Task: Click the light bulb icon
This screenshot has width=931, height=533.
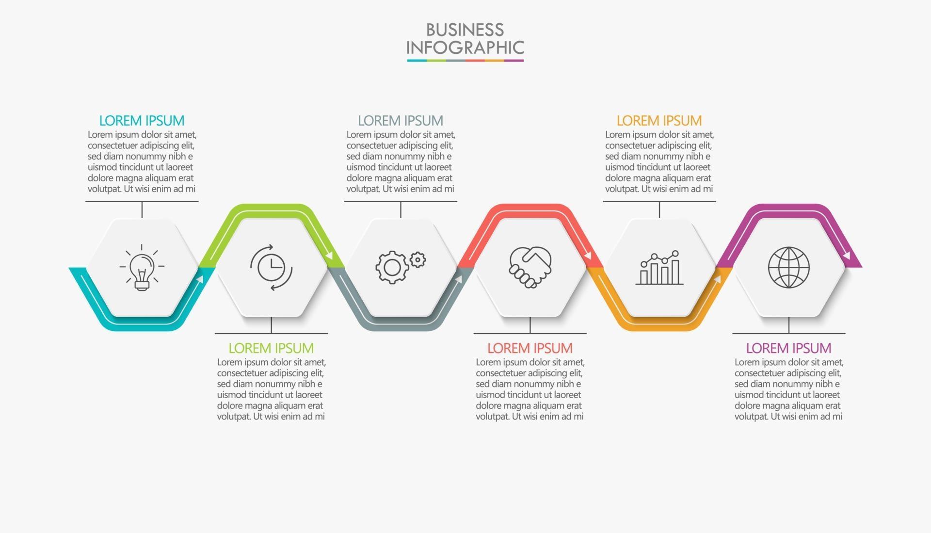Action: click(142, 267)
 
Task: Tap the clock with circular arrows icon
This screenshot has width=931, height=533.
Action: click(271, 267)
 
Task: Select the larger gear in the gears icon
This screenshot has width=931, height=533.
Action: click(391, 267)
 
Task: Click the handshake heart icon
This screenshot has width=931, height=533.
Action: click(530, 267)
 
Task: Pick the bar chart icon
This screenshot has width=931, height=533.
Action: click(659, 268)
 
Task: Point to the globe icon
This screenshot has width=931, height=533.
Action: click(788, 267)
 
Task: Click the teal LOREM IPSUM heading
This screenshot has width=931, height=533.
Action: click(142, 120)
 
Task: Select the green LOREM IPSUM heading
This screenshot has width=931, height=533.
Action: click(271, 348)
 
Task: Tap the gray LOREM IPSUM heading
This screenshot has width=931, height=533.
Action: click(401, 120)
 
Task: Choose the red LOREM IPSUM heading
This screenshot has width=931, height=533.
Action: click(530, 348)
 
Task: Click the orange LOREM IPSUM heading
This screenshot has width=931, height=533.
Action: click(659, 120)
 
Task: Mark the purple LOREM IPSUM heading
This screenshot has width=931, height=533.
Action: click(788, 348)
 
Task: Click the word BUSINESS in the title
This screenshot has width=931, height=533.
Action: click(465, 30)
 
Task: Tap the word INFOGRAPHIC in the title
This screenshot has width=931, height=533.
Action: click(465, 48)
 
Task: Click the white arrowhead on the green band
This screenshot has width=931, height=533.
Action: click(330, 255)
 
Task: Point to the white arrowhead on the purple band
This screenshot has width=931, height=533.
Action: click(848, 255)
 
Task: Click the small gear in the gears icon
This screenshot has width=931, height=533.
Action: click(417, 260)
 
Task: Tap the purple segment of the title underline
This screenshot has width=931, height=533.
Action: click(514, 61)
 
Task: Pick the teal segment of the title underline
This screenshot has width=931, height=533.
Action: click(417, 61)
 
